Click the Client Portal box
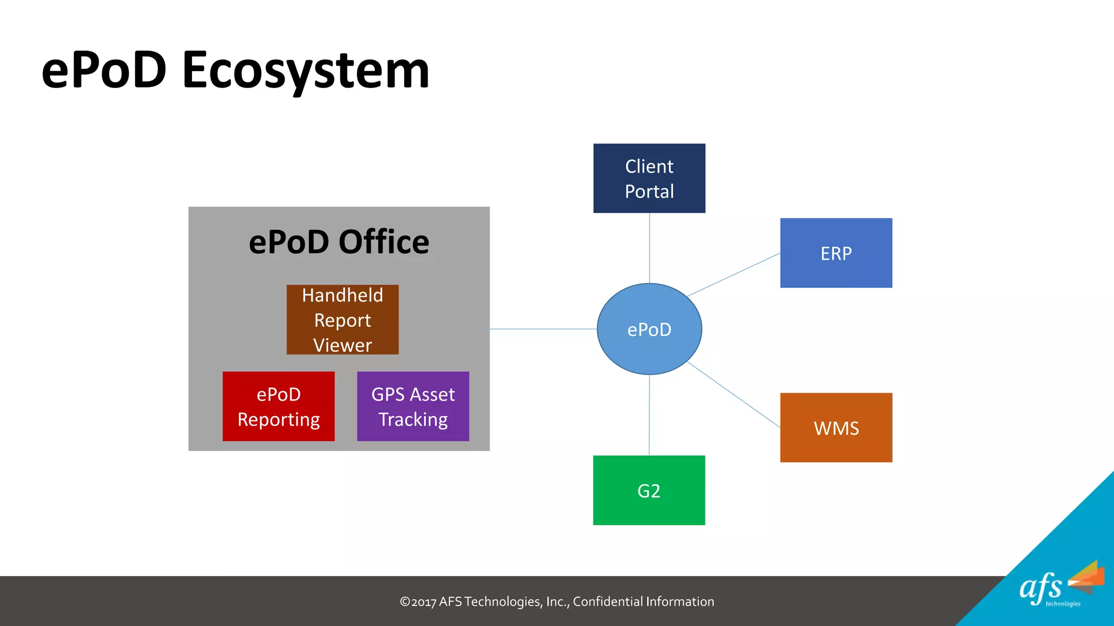click(649, 178)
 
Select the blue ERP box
click(836, 253)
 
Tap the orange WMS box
click(836, 428)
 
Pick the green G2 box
click(649, 490)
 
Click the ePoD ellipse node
click(649, 329)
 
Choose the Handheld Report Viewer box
click(342, 320)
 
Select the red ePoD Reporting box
click(278, 406)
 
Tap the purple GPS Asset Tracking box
click(413, 406)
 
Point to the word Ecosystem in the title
click(306, 71)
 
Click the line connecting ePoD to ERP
click(734, 275)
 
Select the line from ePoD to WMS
click(734, 395)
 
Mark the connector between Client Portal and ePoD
click(649, 248)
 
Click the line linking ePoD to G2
click(649, 415)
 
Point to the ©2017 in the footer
click(418, 602)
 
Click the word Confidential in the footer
click(608, 602)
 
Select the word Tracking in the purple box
click(413, 420)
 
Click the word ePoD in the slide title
click(103, 71)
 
